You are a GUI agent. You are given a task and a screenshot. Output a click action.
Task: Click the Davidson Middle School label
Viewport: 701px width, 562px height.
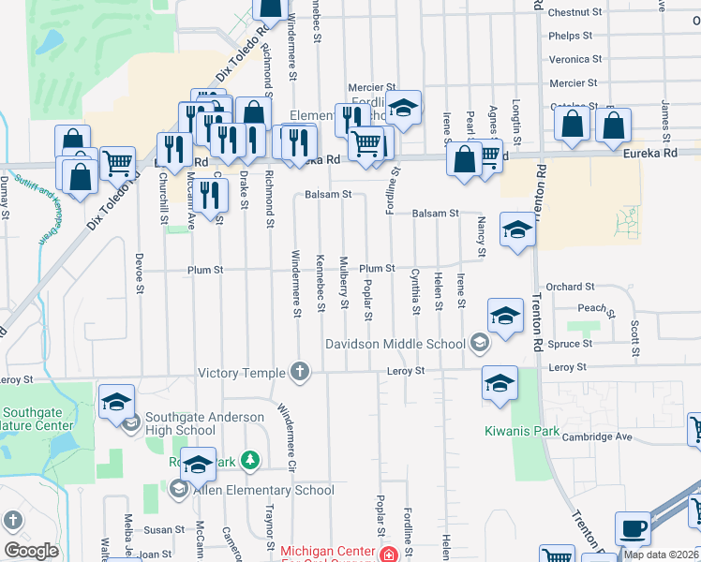[x=395, y=344]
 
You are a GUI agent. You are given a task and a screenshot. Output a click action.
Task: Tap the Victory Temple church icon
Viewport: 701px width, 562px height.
[x=300, y=373]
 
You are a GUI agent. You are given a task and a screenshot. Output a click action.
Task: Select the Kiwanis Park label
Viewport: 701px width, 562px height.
[x=522, y=432]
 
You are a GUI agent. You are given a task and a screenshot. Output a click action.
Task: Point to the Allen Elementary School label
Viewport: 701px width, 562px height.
[x=263, y=490]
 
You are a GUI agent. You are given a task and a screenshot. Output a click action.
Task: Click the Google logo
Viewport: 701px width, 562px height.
[x=31, y=551]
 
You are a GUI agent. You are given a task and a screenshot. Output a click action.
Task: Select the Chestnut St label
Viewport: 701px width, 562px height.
[x=575, y=12]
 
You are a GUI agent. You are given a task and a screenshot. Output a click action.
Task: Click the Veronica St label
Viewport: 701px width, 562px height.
[x=574, y=59]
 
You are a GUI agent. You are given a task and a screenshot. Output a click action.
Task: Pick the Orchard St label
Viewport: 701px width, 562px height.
[x=571, y=287]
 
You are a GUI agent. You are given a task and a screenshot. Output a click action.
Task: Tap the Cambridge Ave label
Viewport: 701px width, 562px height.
[x=598, y=436]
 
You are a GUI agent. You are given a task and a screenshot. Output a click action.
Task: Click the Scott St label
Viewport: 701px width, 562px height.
[x=634, y=332]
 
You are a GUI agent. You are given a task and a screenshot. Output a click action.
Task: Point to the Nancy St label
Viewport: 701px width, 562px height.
[x=482, y=238]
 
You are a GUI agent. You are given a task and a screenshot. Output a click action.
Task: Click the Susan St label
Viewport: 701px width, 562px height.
[x=164, y=530]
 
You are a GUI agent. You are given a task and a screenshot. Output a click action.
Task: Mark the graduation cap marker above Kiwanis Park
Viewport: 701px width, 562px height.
[x=500, y=382]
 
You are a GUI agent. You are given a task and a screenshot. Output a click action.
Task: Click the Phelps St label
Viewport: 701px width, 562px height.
[x=572, y=36]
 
